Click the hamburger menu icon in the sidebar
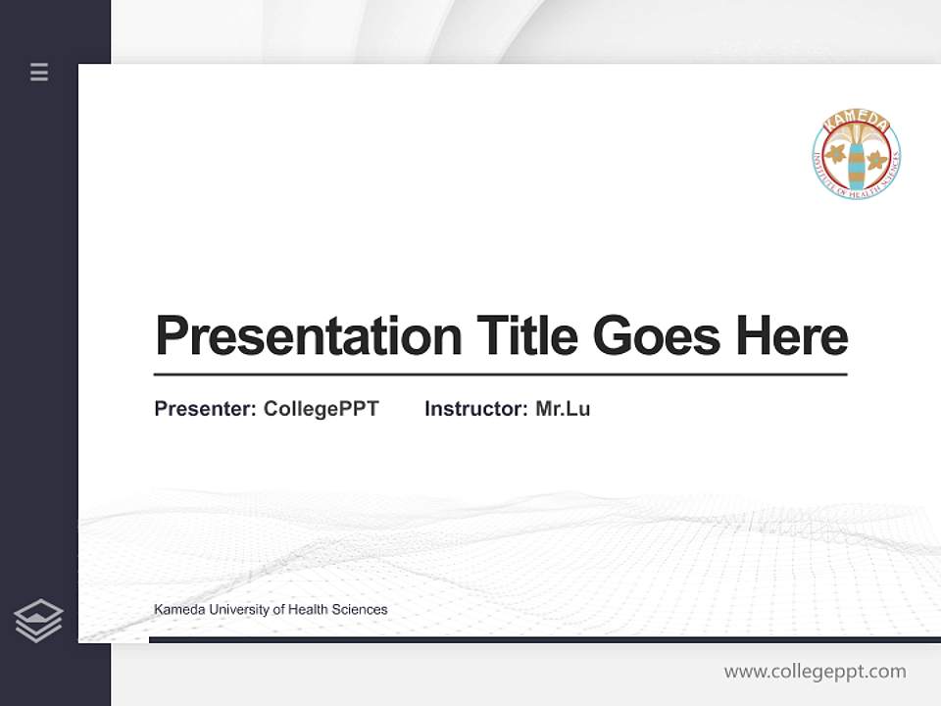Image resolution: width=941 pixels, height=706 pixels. point(39,72)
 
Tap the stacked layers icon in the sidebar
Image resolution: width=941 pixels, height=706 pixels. point(38,621)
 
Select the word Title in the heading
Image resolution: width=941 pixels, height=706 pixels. point(527,336)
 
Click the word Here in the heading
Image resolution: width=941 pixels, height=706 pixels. point(792,336)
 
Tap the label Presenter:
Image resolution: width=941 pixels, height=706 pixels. point(205,409)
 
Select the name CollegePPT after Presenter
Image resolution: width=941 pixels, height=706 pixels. point(321,409)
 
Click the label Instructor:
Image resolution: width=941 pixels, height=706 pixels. point(476,409)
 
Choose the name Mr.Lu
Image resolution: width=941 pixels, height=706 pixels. point(563,409)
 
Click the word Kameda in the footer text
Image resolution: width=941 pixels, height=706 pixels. point(176,610)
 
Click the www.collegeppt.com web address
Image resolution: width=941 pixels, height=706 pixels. point(815,672)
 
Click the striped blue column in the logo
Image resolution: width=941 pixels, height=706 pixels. point(857,165)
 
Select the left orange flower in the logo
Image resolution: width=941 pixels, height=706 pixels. point(836,153)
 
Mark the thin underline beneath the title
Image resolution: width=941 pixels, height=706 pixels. point(500,374)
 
